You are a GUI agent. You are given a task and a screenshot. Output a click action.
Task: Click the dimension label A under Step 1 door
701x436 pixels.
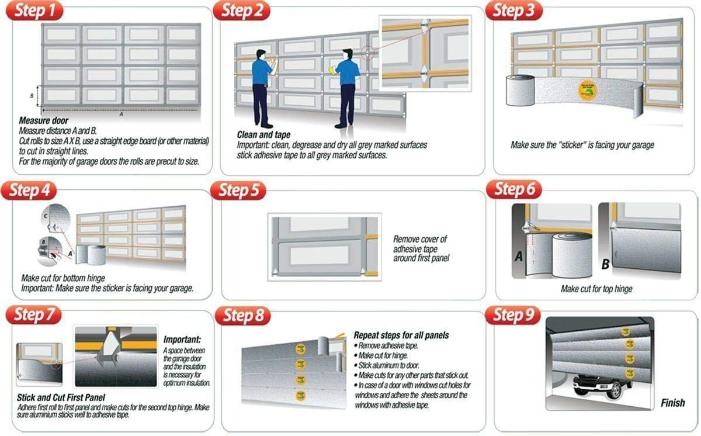coord(121,115)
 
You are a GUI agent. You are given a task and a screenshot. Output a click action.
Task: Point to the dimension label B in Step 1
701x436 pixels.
coord(32,95)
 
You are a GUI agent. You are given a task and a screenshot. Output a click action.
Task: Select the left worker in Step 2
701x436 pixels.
coord(262,88)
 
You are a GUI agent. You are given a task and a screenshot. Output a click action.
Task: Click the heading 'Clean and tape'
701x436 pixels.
coord(263,135)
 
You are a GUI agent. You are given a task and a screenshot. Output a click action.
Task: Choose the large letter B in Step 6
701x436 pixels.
coord(606,264)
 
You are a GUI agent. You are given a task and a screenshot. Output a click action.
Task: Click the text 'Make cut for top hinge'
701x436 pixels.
coord(596,289)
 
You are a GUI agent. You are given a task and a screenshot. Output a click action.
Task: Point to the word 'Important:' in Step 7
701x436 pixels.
coord(182,340)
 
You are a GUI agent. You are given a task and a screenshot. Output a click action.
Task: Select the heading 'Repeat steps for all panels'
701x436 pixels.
coord(401,335)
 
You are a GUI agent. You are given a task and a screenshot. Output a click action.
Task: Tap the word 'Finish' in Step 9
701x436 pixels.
coord(672,403)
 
